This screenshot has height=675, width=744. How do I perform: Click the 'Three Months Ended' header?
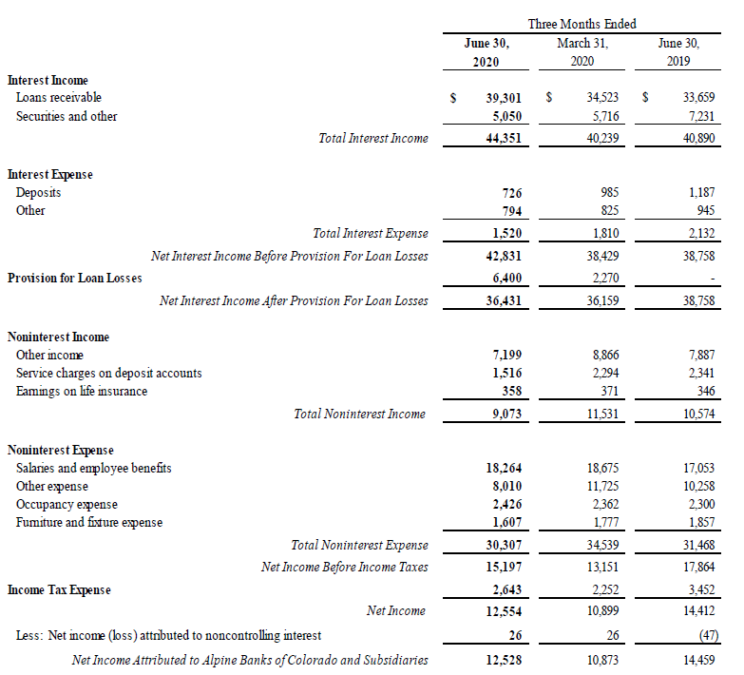[582, 24]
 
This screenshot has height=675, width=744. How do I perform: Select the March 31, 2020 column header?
[582, 52]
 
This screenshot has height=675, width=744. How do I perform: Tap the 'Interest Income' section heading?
[48, 81]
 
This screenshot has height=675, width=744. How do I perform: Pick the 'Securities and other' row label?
[67, 116]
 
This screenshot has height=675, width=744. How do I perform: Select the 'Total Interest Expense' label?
[371, 233]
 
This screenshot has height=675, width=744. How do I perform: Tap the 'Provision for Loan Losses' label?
[75, 279]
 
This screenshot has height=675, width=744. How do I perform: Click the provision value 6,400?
[505, 279]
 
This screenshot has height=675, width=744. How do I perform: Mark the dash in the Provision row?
[712, 279]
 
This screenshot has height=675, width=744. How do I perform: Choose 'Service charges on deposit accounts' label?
[108, 374]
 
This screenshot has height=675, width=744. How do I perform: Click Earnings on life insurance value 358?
[511, 392]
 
